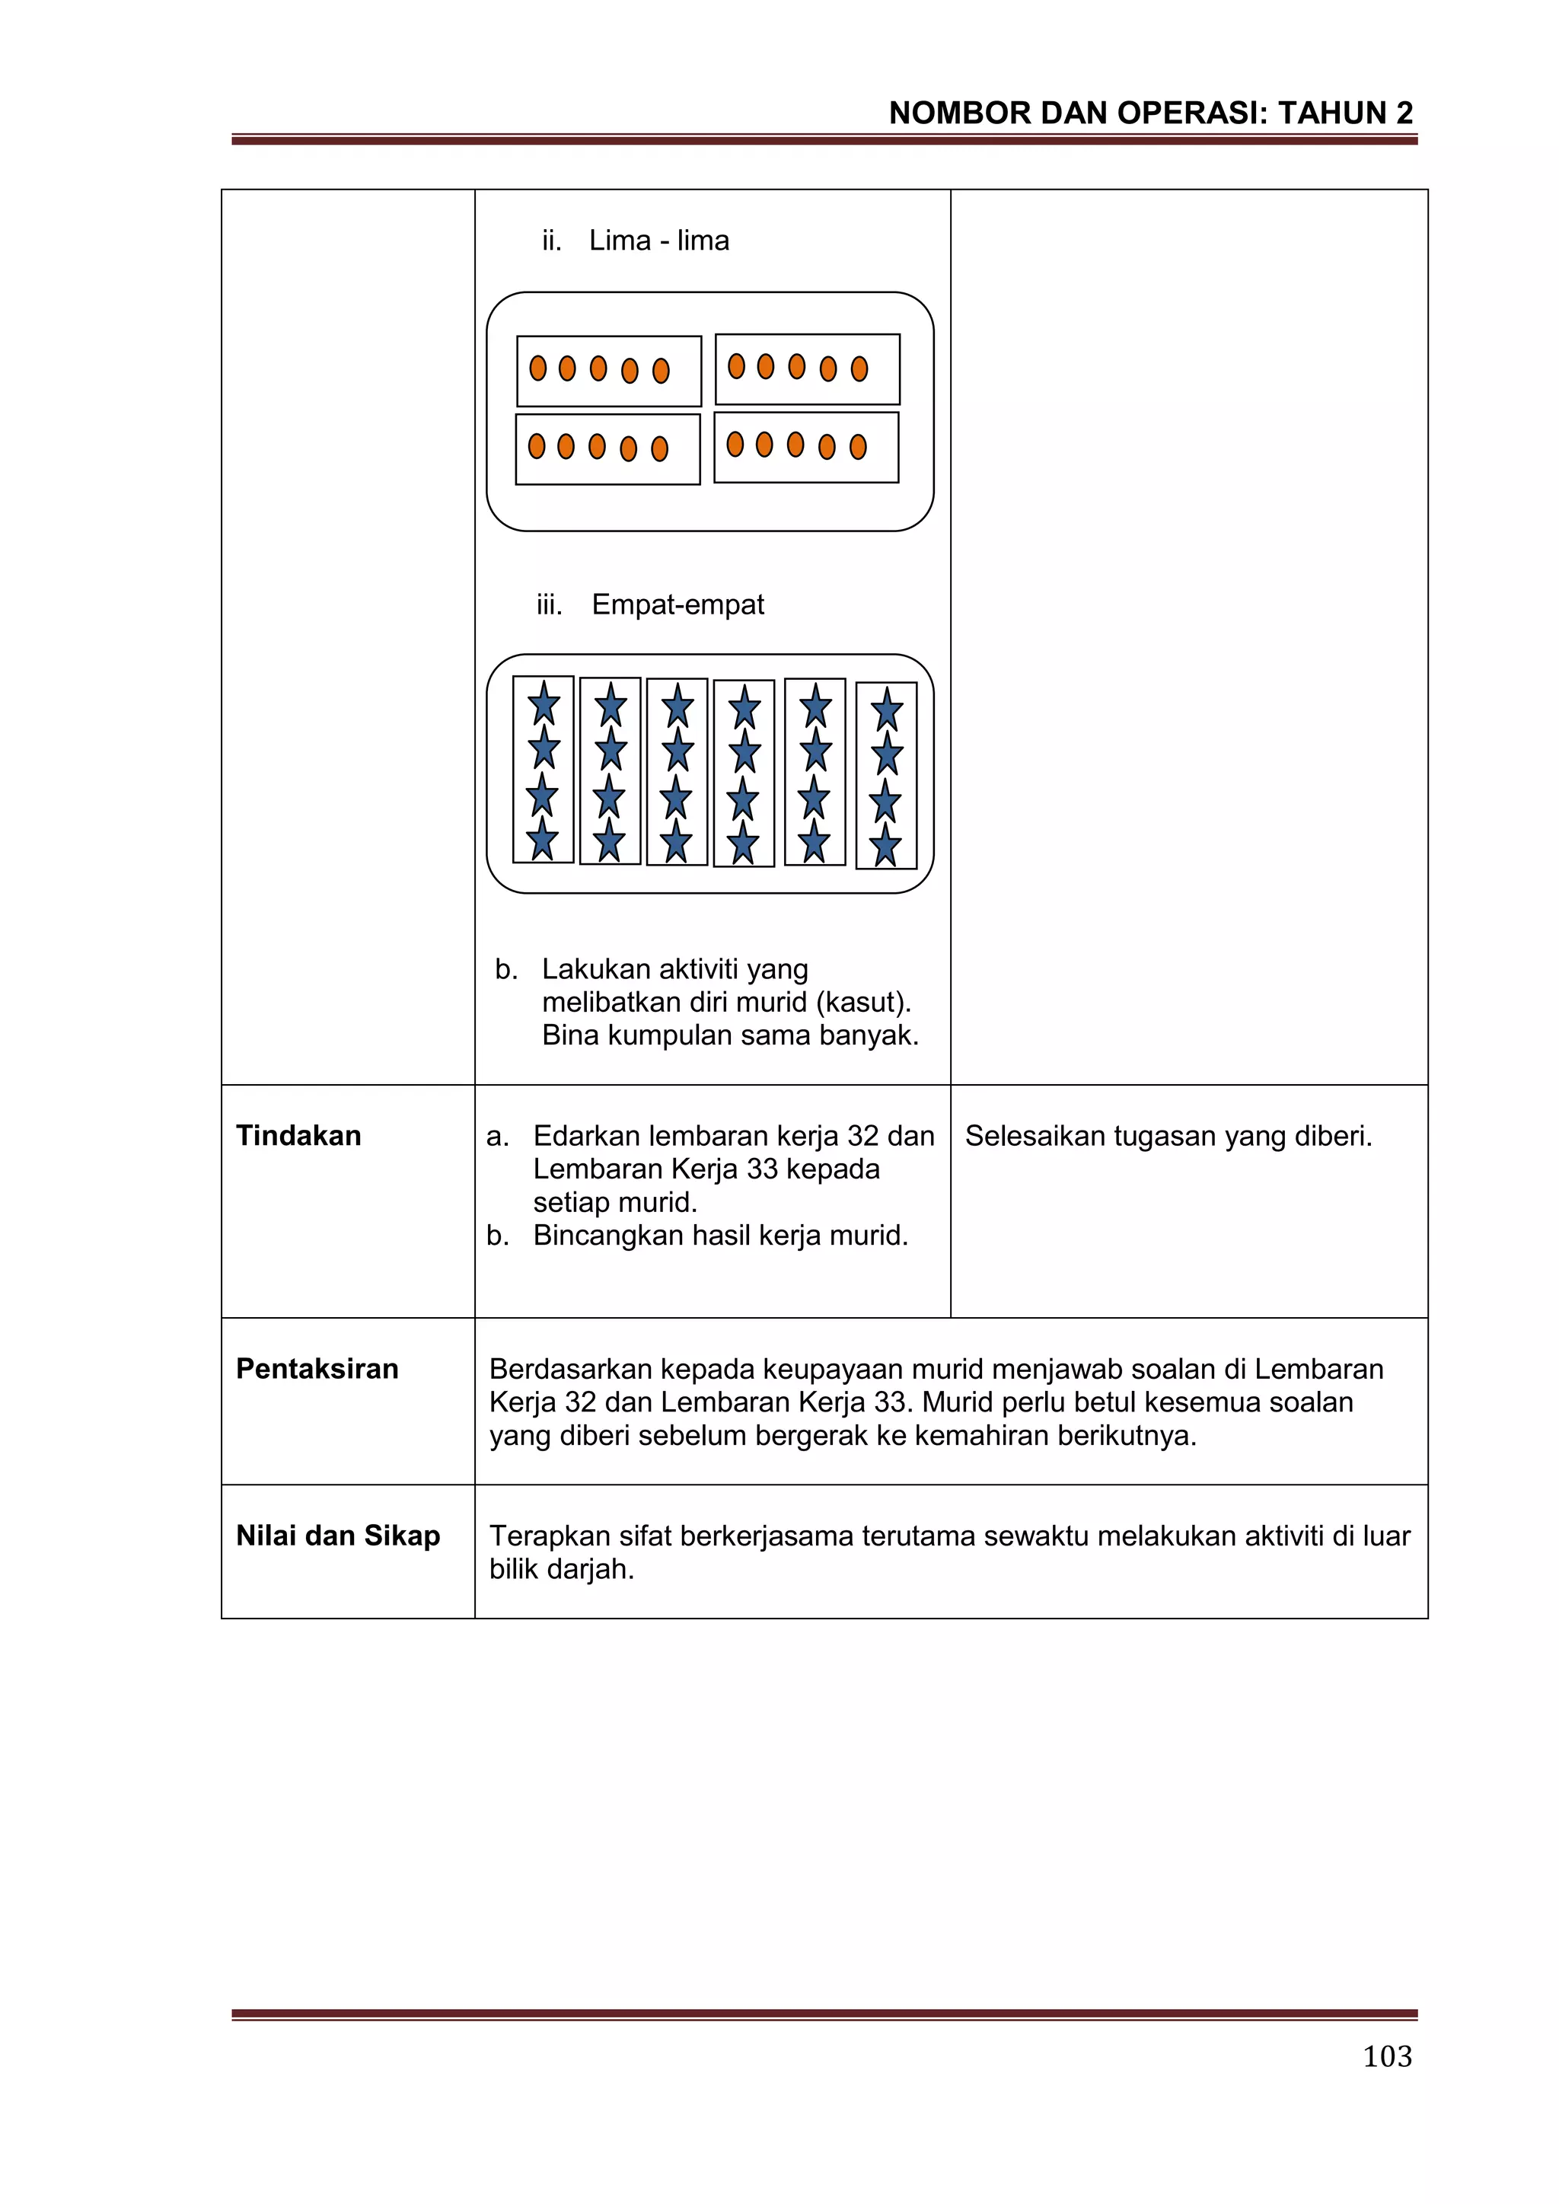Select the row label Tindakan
[298, 1136]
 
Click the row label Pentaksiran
[317, 1368]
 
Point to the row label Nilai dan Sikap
[338, 1535]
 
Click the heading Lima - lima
[658, 240]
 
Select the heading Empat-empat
[677, 604]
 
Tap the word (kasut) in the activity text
[863, 1002]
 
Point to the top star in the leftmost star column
[544, 703]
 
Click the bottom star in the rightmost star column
[885, 847]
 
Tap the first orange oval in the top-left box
[538, 368]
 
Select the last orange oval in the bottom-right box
[858, 446]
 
